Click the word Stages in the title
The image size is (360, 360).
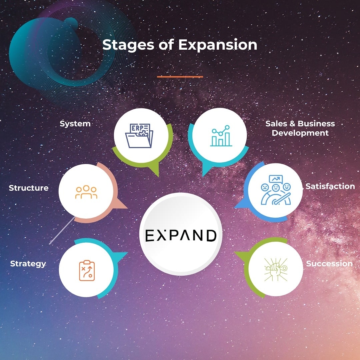click(x=125, y=45)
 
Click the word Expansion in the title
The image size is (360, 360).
click(x=218, y=45)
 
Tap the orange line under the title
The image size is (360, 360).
click(x=180, y=77)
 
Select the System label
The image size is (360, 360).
click(x=75, y=124)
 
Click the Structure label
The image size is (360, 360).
click(x=29, y=188)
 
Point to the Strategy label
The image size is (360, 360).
click(x=28, y=264)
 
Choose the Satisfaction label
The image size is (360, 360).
click(x=330, y=186)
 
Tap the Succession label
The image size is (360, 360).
click(x=329, y=264)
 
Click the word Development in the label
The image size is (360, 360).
click(x=300, y=133)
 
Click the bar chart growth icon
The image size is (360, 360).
click(x=221, y=136)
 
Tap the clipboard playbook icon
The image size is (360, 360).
click(x=87, y=270)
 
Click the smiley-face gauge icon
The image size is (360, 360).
click(x=276, y=190)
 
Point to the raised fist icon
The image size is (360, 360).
click(x=275, y=268)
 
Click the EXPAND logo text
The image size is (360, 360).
click(x=181, y=235)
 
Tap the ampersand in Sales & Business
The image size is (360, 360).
click(x=292, y=124)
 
